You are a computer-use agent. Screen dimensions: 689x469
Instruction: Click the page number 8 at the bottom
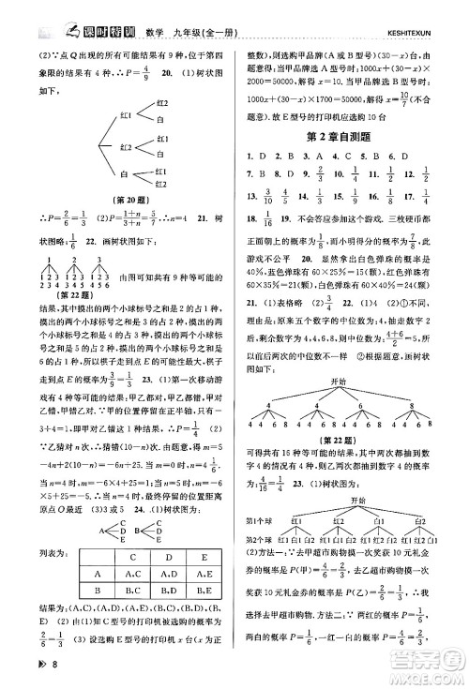pos(31,667)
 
